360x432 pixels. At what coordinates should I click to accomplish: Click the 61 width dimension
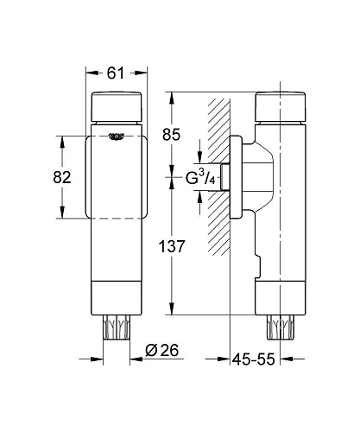tap(116, 73)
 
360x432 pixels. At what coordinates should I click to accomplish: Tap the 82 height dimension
tap(62, 177)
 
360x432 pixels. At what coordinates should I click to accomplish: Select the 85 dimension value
tap(171, 135)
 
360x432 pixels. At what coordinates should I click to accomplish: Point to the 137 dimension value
tap(172, 246)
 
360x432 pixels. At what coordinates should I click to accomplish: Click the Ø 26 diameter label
tap(162, 350)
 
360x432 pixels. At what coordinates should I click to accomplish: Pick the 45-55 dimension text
tap(254, 359)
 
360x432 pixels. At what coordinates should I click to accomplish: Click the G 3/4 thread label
tap(200, 177)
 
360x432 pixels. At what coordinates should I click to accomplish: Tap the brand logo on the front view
tap(117, 137)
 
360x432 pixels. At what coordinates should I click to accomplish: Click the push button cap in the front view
tap(117, 106)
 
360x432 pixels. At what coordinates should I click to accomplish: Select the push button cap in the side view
tap(281, 106)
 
